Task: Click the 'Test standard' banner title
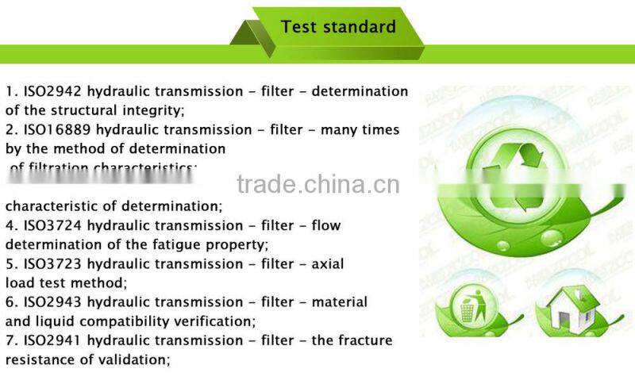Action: (x=338, y=27)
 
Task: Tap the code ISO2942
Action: (x=49, y=91)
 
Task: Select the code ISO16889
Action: (x=53, y=129)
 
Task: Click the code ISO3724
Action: (x=49, y=225)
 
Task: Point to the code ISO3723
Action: (x=49, y=263)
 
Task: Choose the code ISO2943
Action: (x=49, y=301)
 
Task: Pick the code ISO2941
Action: (x=49, y=340)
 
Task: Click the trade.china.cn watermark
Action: (x=317, y=184)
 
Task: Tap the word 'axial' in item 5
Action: (x=326, y=263)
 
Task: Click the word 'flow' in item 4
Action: (x=326, y=225)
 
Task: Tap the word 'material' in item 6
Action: (x=338, y=301)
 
